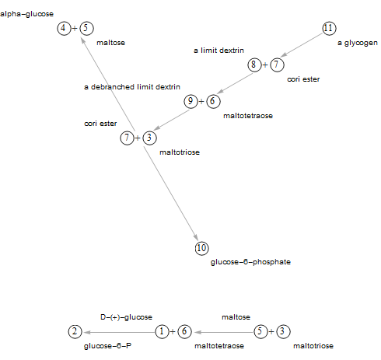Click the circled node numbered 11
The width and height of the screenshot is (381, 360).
pyautogui.click(x=329, y=28)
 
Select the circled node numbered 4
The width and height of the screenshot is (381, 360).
pyautogui.click(x=64, y=28)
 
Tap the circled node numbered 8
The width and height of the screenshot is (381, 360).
pyautogui.click(x=254, y=65)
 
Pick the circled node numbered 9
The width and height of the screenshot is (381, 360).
pyautogui.click(x=190, y=101)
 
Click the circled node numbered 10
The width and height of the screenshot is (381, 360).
pyautogui.click(x=202, y=248)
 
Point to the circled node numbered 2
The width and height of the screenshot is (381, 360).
pyautogui.click(x=75, y=331)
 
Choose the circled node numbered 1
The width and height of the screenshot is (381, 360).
pyautogui.click(x=163, y=331)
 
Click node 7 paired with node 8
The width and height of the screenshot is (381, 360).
pyautogui.click(x=277, y=65)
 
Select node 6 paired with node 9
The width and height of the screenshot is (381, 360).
pyautogui.click(x=213, y=101)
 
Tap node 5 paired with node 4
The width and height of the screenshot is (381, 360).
pyautogui.click(x=86, y=28)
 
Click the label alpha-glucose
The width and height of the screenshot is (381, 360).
pyautogui.click(x=26, y=14)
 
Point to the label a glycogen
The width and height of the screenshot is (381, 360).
pyautogui.click(x=358, y=43)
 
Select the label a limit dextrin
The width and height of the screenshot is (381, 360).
pyautogui.click(x=218, y=51)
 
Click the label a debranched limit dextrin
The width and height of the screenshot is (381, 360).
pyautogui.click(x=132, y=87)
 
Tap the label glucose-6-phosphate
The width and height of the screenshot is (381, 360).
pyautogui.click(x=250, y=262)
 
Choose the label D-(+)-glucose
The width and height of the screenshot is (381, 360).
pyautogui.click(x=126, y=317)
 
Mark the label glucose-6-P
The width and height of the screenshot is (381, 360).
pyautogui.click(x=107, y=346)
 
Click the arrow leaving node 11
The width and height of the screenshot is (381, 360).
pyautogui.click(x=302, y=45)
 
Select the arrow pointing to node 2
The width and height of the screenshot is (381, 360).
pyautogui.click(x=120, y=332)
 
